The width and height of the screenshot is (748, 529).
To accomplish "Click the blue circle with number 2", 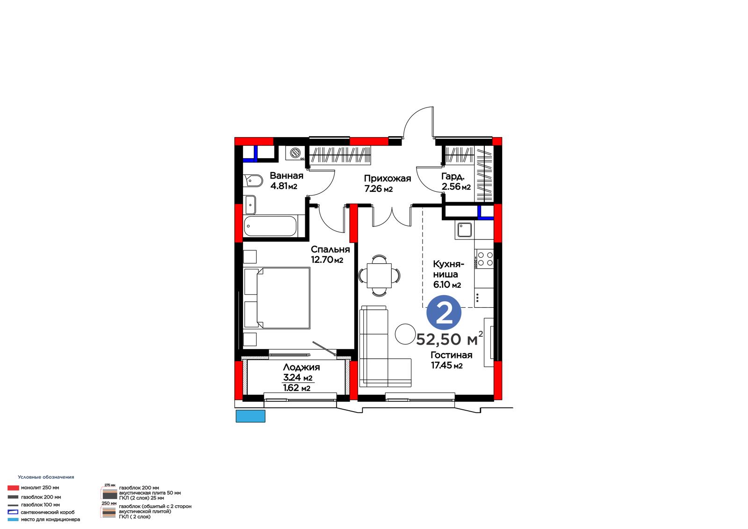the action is pyautogui.click(x=444, y=313).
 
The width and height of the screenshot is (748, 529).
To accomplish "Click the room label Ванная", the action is pyautogui.click(x=287, y=175).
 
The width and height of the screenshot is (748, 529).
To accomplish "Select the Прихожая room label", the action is pyautogui.click(x=388, y=179).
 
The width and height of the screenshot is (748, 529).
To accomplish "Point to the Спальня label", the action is pyautogui.click(x=330, y=249).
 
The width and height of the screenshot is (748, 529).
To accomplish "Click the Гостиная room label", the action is pyautogui.click(x=451, y=355).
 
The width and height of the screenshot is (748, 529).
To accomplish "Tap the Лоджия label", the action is pyautogui.click(x=301, y=367).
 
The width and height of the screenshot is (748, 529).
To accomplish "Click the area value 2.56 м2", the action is pyautogui.click(x=456, y=187).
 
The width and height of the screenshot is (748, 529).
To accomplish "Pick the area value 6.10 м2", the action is pyautogui.click(x=447, y=285).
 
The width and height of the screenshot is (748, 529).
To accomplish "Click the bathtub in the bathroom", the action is pyautogui.click(x=270, y=226).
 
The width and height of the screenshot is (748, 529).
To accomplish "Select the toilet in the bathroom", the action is pyautogui.click(x=253, y=181).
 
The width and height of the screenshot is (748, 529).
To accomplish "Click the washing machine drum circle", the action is pyautogui.click(x=295, y=153).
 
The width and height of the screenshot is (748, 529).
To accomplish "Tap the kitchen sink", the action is pyautogui.click(x=465, y=230).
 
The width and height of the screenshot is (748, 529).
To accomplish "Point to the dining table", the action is pyautogui.click(x=379, y=275).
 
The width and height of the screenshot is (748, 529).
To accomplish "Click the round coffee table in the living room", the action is pyautogui.click(x=405, y=334).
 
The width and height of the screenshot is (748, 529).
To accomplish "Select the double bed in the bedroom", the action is pyautogui.click(x=277, y=298).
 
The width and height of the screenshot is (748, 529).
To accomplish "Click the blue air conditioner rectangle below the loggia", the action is pyautogui.click(x=251, y=416).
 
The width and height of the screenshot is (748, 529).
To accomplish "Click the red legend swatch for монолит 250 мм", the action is pyautogui.click(x=13, y=488).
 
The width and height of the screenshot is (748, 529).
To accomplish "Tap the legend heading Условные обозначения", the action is pyautogui.click(x=46, y=477).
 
